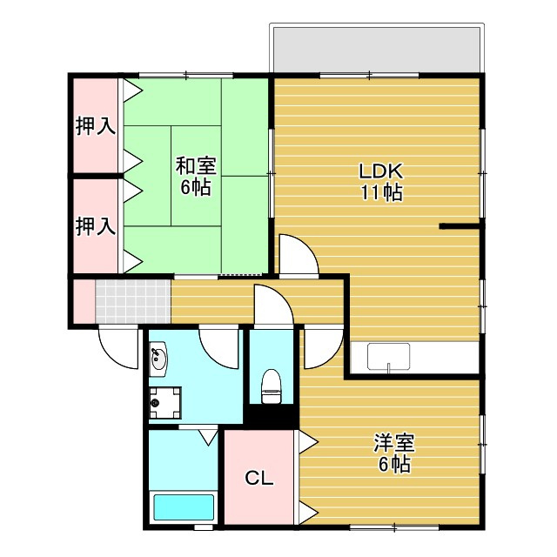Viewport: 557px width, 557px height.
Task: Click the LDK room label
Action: tap(381, 171)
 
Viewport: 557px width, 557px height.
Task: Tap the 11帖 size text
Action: tap(381, 193)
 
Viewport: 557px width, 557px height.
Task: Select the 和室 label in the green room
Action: tap(196, 166)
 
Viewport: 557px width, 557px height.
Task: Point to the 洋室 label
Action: tap(394, 443)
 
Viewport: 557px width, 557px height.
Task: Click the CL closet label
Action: tap(259, 479)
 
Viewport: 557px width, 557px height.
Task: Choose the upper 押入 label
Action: tap(96, 125)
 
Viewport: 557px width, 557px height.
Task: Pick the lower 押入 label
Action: tap(96, 226)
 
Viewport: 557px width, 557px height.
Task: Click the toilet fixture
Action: tap(271, 386)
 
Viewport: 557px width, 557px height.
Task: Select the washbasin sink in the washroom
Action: tap(158, 359)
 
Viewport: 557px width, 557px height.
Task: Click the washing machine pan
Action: tap(164, 403)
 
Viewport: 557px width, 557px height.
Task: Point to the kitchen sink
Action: tap(389, 356)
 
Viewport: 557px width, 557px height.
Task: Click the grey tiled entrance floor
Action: tap(133, 301)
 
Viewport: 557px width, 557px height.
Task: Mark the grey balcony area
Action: tap(377, 50)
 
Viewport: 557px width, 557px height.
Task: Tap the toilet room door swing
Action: tap(274, 305)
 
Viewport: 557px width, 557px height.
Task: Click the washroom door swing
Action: tap(218, 349)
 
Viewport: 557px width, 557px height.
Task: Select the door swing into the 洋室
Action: tap(323, 349)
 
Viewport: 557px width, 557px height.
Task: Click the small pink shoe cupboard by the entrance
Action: tap(84, 301)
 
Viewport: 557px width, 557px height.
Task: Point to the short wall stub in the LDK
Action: tap(460, 226)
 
